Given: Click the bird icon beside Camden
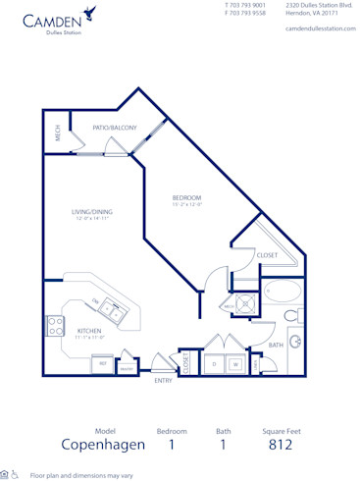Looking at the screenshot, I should (x=90, y=14).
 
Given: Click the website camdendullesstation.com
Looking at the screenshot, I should (x=318, y=28).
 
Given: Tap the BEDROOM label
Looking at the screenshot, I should (x=188, y=199).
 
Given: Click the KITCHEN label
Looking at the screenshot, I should (x=90, y=332).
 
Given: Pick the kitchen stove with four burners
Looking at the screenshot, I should (x=56, y=326).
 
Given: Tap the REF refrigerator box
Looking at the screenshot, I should (x=102, y=363).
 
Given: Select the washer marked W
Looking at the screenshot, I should (x=235, y=363).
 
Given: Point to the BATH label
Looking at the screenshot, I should (x=276, y=345).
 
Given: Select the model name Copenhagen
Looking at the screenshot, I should (x=103, y=445).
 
